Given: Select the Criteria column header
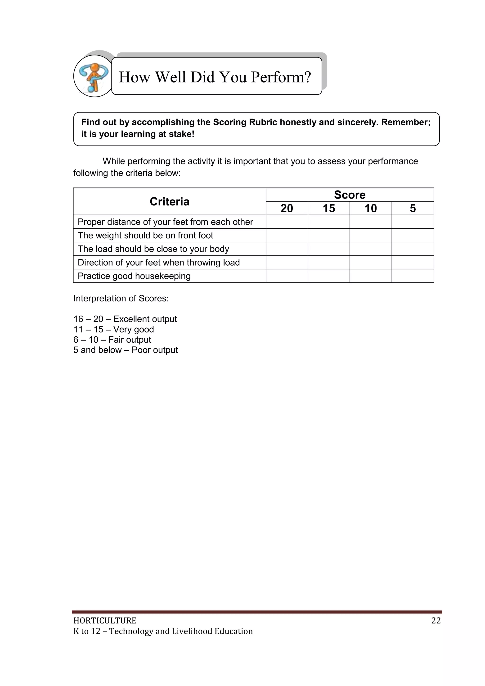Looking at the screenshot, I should [169, 202].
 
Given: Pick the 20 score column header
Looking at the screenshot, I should [287, 208].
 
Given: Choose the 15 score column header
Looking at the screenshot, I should [328, 208].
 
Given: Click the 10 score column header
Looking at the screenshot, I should [371, 208].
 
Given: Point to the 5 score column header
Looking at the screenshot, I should [413, 208].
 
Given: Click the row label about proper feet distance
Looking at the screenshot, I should [165, 222].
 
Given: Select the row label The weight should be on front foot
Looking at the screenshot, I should [145, 236].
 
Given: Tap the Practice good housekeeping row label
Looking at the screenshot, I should [134, 276].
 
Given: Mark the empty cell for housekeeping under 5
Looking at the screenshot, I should [413, 276].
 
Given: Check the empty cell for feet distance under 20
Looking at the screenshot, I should [287, 222].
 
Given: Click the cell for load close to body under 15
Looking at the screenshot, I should [328, 249].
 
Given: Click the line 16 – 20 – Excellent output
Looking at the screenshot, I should [125, 319].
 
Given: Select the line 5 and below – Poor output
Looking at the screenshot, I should [126, 350].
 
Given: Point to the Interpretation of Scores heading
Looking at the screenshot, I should [121, 299].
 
